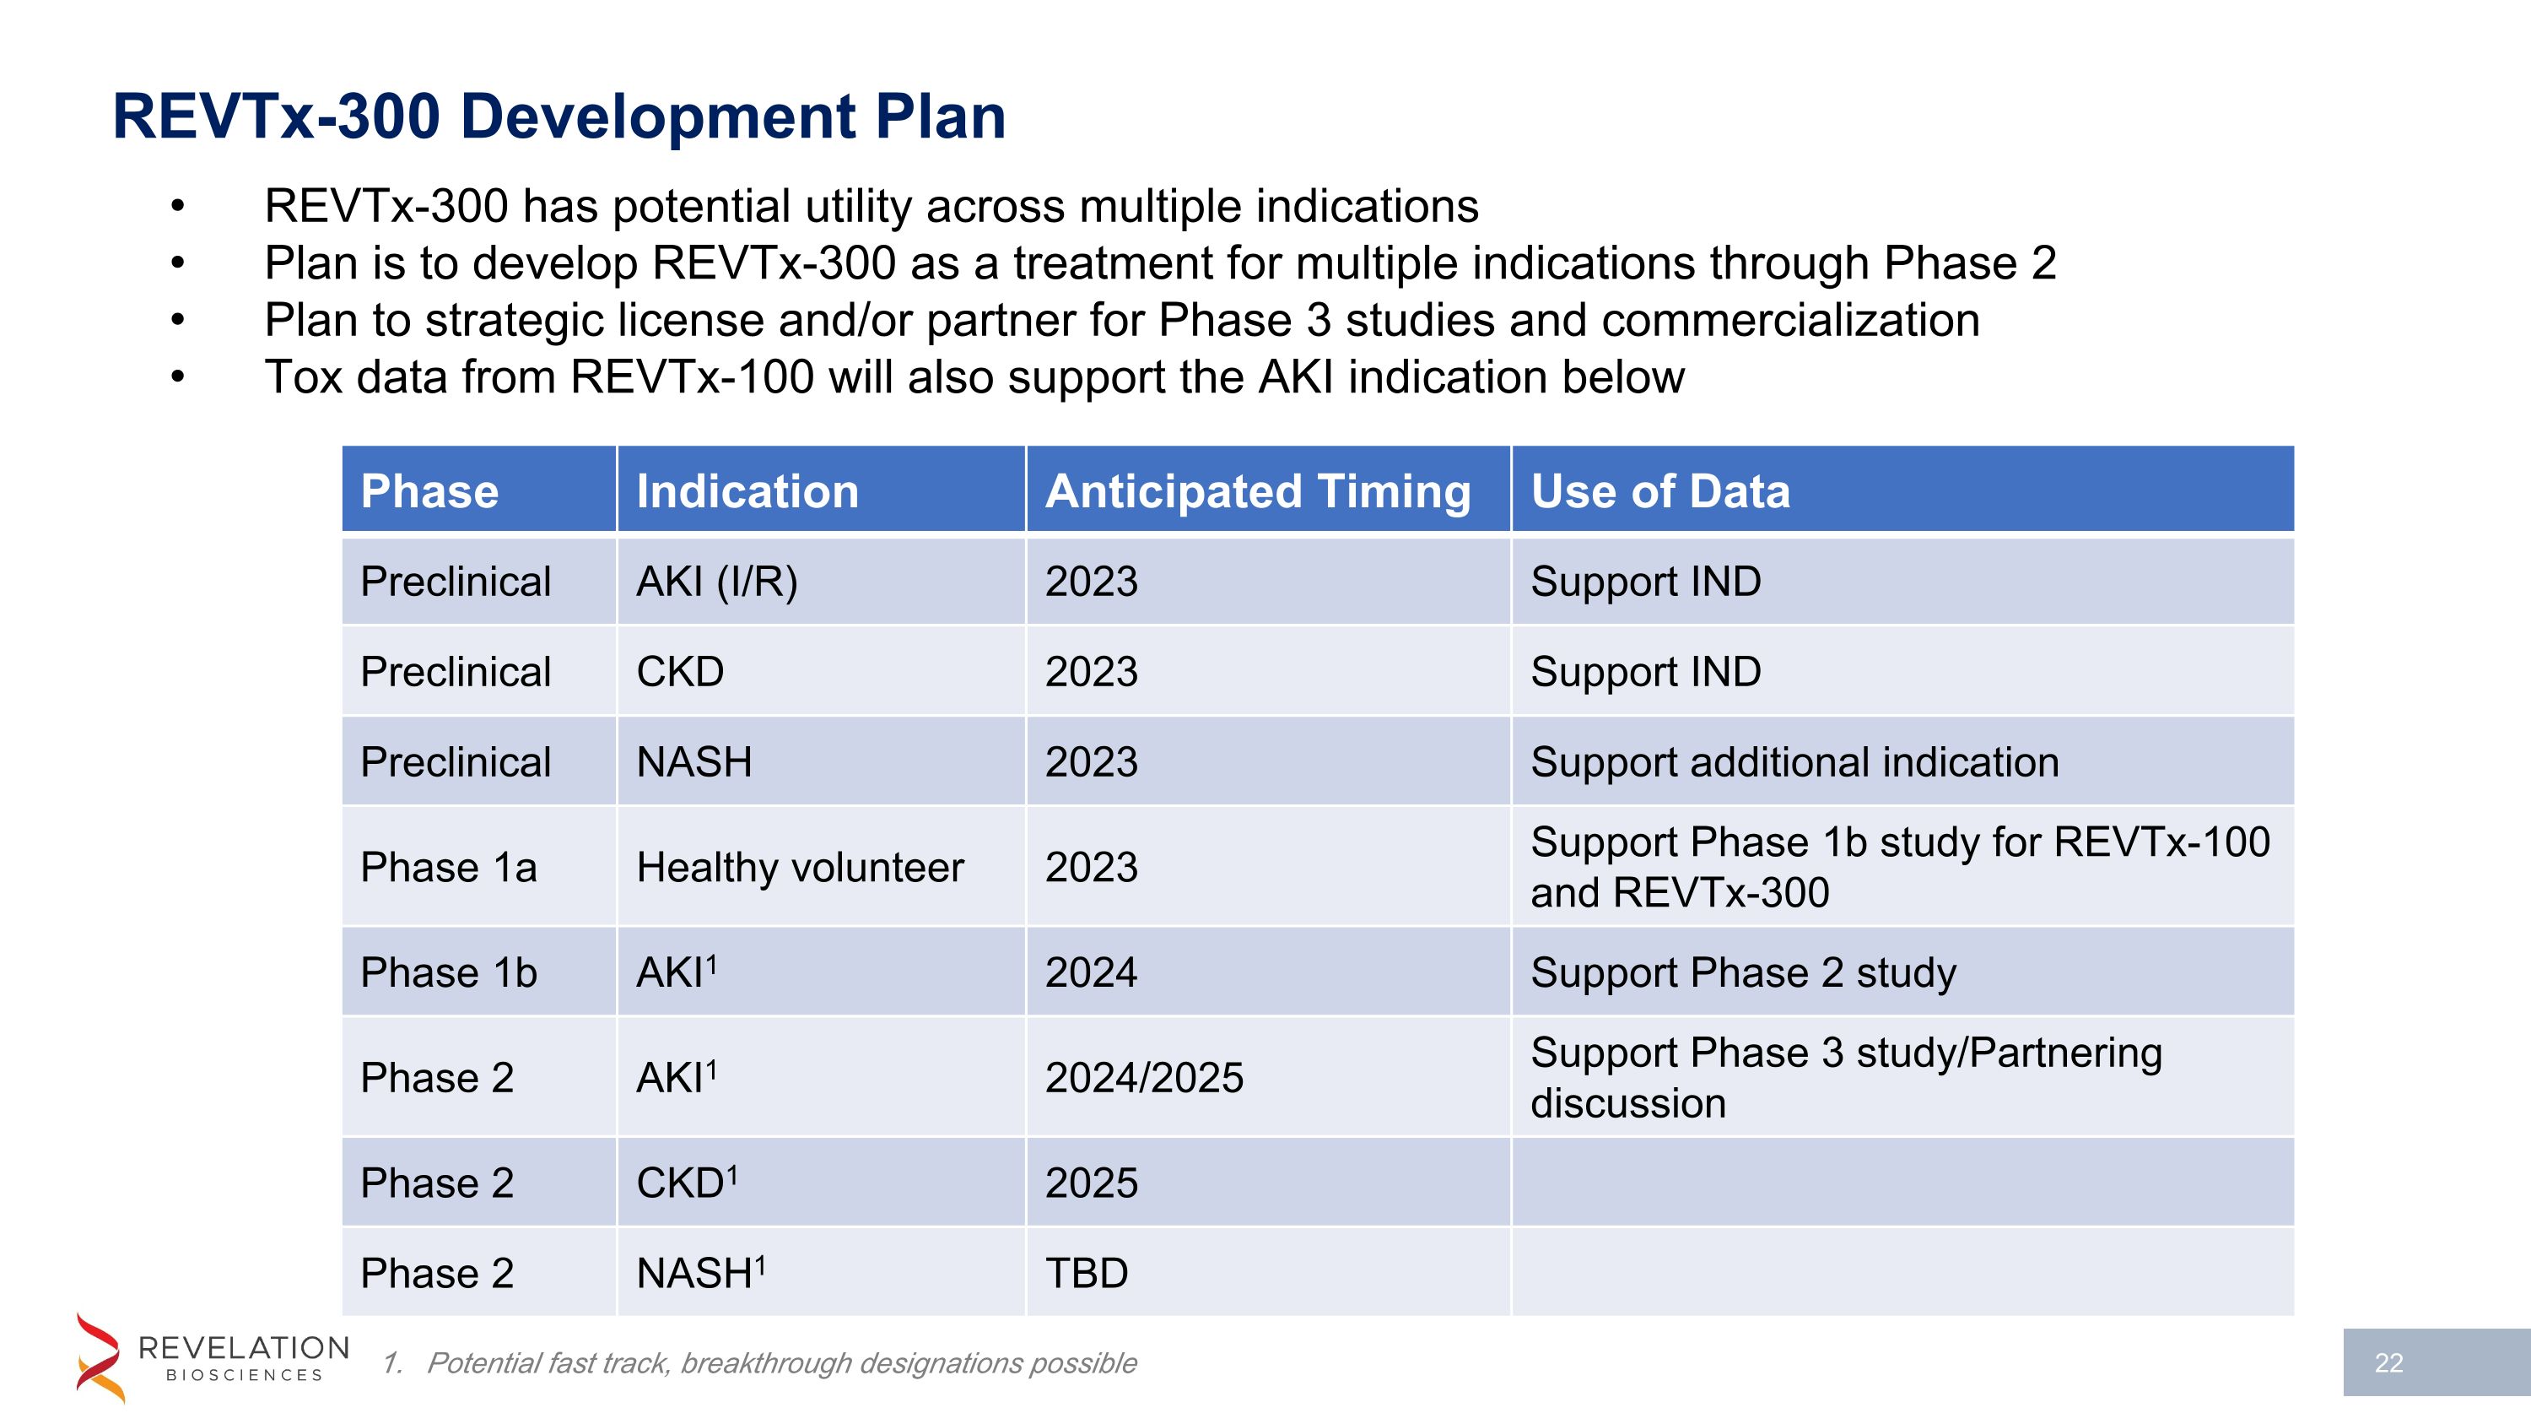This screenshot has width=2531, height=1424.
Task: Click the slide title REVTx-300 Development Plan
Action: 559,116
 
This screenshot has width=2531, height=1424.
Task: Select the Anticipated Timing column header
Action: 1258,490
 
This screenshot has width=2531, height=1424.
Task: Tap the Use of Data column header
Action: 1659,490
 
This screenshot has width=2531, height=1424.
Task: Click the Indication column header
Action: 747,490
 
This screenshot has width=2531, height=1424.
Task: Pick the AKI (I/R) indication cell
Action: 716,582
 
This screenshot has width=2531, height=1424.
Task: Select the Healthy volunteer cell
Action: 800,867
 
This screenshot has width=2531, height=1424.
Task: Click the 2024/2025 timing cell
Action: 1144,1078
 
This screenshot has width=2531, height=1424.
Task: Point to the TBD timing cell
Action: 1086,1274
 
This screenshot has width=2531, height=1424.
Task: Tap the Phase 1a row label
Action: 448,867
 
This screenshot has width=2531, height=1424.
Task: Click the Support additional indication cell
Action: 1794,762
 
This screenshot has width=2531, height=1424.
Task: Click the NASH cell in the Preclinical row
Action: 693,762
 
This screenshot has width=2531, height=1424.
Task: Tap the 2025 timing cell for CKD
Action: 1091,1183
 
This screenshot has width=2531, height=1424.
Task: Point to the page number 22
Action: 2388,1363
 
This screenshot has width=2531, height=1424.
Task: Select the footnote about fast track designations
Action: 781,1363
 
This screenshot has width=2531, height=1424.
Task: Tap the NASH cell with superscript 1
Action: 699,1274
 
